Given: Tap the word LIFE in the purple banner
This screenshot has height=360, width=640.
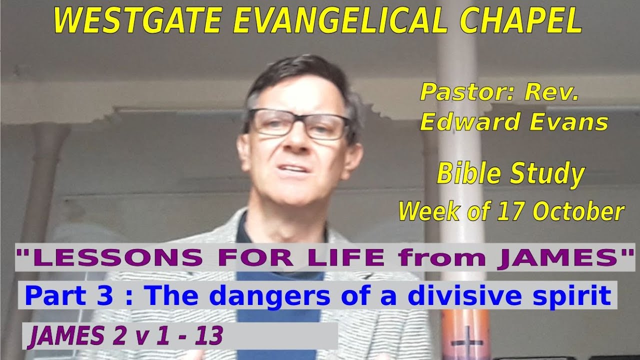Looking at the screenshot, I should pyautogui.click(x=352, y=257).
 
